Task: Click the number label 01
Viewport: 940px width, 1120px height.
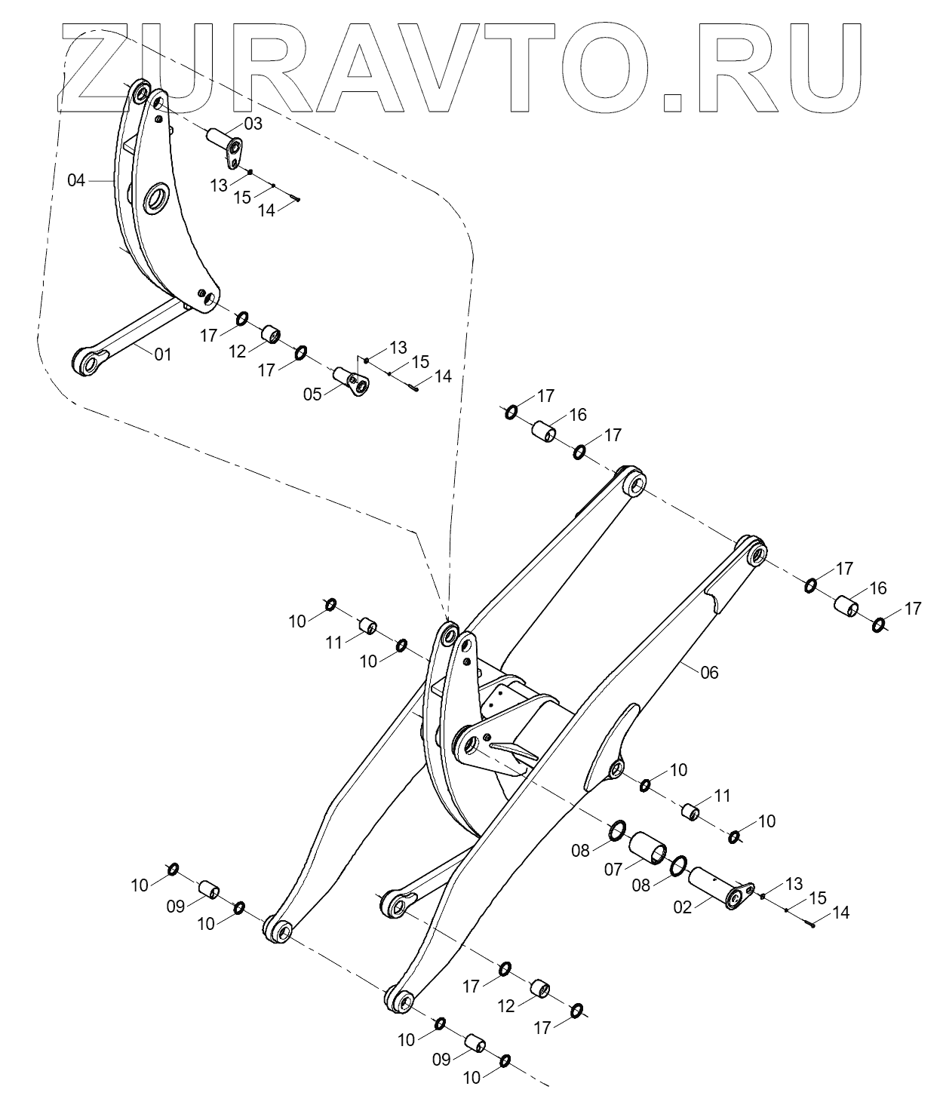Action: [163, 354]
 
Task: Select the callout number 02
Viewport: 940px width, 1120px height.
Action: [682, 907]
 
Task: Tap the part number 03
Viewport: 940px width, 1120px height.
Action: [253, 124]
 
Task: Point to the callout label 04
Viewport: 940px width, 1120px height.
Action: [76, 181]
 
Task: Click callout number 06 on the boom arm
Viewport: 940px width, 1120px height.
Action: [709, 672]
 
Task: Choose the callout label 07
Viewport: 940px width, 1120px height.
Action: [613, 870]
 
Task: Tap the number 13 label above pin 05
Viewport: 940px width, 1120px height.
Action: [398, 348]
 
